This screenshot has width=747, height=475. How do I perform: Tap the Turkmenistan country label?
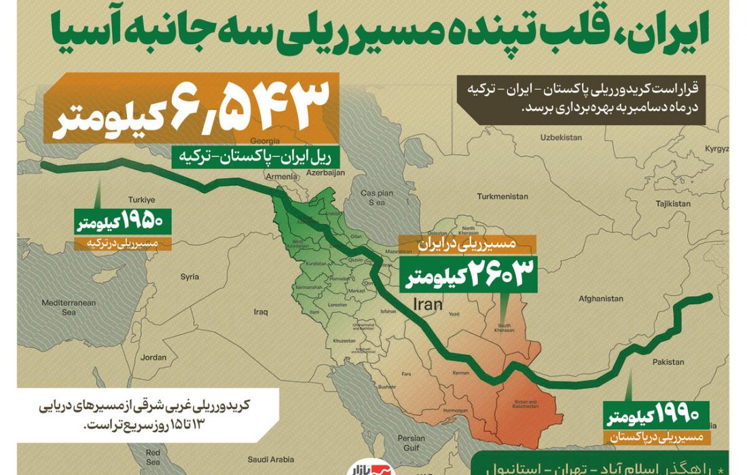tap(502, 196)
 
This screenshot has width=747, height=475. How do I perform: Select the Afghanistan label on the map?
tap(600, 299)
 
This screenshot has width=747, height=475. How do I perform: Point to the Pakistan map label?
tap(668, 362)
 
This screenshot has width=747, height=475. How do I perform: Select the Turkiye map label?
tap(143, 199)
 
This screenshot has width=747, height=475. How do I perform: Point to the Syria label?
tap(189, 276)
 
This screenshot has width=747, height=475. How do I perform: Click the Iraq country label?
tap(261, 312)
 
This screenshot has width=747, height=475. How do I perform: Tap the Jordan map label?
tap(153, 357)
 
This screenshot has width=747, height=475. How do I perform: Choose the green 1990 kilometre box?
tap(655, 414)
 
